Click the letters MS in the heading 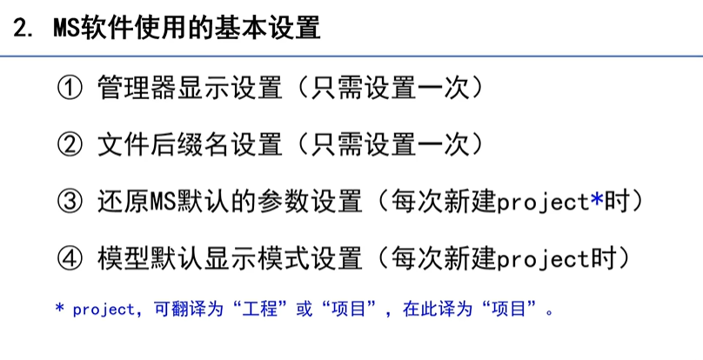click(x=68, y=29)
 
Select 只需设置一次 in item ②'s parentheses click(x=392, y=144)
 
